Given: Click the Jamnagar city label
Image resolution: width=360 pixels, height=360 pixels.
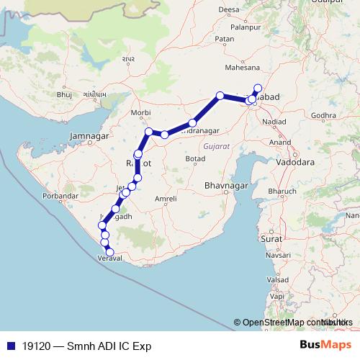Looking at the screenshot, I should pos(89,136).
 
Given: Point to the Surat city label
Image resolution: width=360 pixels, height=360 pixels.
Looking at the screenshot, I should pos(271,238).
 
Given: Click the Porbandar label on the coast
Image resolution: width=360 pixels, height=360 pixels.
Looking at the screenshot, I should pos(59,196).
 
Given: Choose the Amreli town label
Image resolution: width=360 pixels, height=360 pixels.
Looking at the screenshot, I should pos(166,198).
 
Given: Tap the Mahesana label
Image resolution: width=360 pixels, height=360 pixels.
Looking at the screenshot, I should pos(243,68).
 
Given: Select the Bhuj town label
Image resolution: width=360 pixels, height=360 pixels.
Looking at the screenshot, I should pos(65,94).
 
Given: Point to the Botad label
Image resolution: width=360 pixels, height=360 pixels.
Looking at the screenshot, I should pos(195,158).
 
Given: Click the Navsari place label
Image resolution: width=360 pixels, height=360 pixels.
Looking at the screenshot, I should pos(276,256).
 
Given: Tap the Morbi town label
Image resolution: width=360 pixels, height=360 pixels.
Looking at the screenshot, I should pos(140,114).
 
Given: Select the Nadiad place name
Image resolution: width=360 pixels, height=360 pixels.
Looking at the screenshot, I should pos(274,122).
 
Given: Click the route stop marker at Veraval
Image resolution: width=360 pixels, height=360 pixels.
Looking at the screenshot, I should pos(109,251).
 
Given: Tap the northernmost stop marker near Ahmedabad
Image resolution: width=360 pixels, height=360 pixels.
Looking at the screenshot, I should pos(258,88).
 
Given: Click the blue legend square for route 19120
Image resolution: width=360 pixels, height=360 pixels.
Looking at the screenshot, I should pos(10,345).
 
